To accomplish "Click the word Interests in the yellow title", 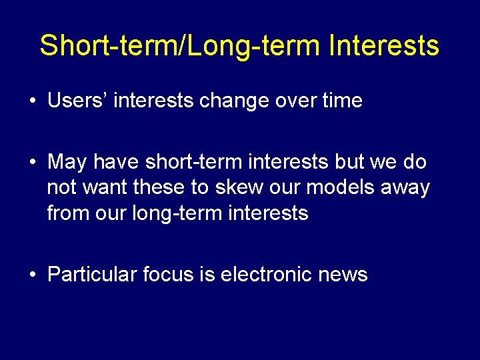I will (x=384, y=46).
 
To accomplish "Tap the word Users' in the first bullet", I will (x=73, y=101).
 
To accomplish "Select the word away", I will (x=405, y=188).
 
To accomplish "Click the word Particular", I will (x=92, y=274).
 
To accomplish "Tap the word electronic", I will (x=266, y=274).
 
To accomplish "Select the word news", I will (x=343, y=274).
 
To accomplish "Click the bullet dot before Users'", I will (x=32, y=102).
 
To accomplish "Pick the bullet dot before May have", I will (x=32, y=163).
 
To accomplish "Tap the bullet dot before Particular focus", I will (x=32, y=275).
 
